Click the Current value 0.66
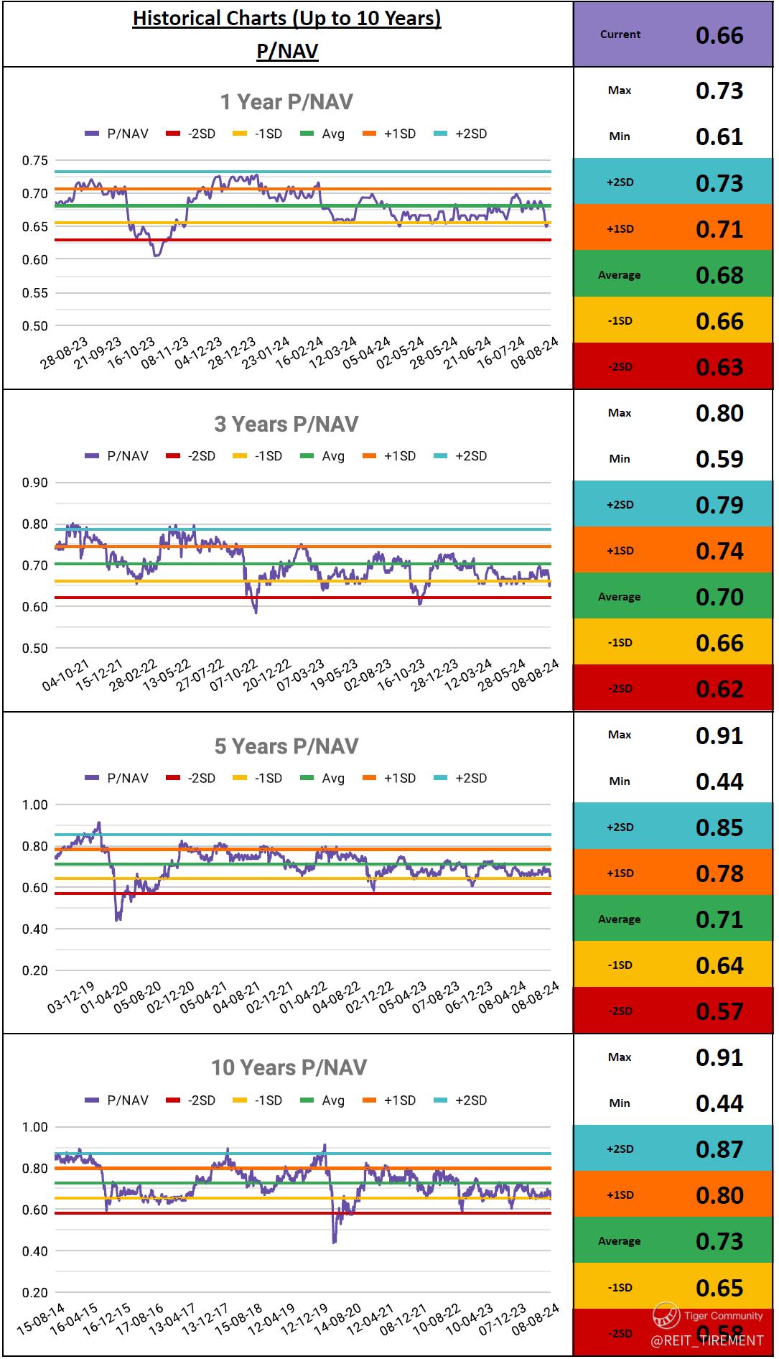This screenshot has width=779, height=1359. (719, 35)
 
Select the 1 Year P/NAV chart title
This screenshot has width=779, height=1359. (286, 102)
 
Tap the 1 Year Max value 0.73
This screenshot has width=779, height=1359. (719, 91)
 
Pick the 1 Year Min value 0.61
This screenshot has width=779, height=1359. (719, 136)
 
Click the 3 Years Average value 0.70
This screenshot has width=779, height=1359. (719, 597)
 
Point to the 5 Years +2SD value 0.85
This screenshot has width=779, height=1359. (719, 827)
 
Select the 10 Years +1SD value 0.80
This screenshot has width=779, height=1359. (719, 1195)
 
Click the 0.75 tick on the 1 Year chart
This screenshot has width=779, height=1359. (34, 160)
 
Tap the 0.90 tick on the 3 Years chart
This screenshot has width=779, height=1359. (34, 483)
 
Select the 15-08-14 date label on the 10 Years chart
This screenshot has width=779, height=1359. (41, 1319)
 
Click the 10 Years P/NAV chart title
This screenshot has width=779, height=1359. (289, 1068)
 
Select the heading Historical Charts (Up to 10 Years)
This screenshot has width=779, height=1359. (287, 19)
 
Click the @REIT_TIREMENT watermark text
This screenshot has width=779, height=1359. (706, 1340)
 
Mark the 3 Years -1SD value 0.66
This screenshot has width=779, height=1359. (719, 643)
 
